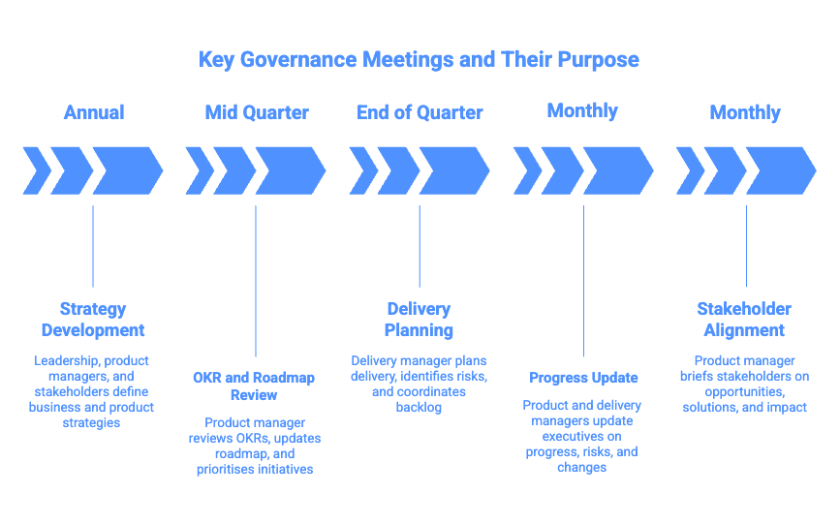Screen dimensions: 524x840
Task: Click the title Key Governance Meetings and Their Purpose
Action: point(419,59)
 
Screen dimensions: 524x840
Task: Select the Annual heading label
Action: point(94,112)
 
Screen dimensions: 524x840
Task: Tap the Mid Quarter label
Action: point(256,112)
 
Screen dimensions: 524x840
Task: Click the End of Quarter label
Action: point(420,112)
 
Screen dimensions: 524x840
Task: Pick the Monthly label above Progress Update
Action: point(582,110)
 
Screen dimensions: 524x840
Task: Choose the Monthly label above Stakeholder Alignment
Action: point(745,112)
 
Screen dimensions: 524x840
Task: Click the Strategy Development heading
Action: point(93,320)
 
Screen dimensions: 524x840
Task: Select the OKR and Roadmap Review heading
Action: point(254,385)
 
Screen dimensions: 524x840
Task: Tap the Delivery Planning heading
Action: point(419,320)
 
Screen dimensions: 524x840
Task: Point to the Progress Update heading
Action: point(583,378)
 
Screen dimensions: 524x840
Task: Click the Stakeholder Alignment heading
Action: point(744,320)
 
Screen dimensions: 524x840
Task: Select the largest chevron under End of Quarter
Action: point(453,171)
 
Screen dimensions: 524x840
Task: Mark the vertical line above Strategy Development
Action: point(93,246)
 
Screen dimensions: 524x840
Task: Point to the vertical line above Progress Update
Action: point(583,281)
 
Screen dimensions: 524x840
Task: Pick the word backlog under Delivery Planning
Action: point(419,408)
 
